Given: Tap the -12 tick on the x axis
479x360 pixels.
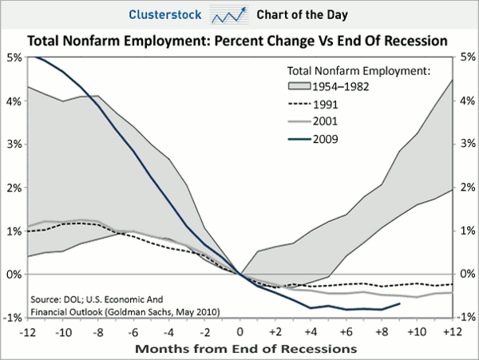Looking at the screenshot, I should pos(29,330).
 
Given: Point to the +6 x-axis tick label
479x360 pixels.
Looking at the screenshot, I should pos(346,330).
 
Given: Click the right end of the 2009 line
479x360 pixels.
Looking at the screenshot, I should pos(399,303).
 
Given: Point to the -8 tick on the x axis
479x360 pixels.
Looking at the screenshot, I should pos(99,330).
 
